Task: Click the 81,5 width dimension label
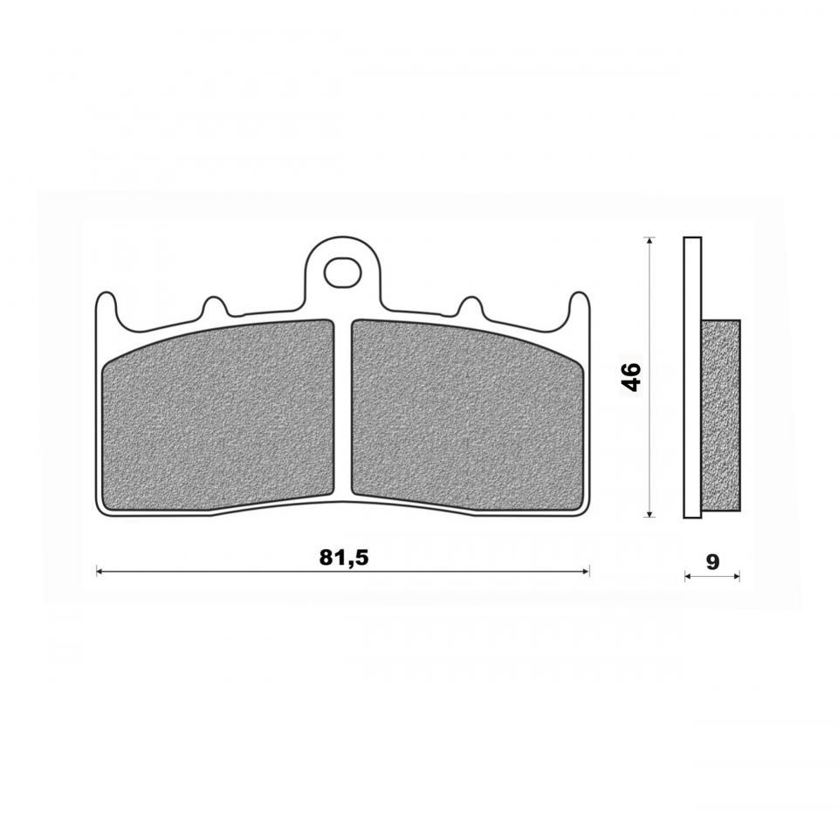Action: coord(344,558)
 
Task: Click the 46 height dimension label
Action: coord(632,377)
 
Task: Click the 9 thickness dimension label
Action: coord(712,561)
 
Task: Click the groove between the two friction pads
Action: coord(342,409)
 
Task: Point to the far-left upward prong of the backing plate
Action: coord(106,308)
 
